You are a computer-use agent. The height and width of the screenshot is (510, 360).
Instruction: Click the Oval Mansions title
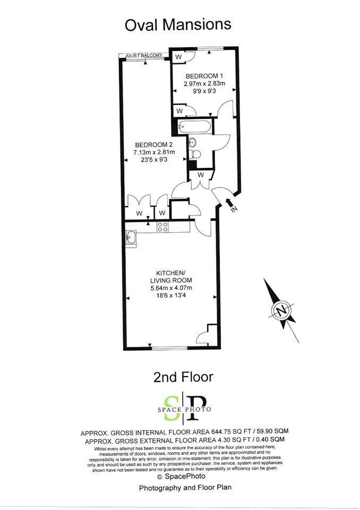178,25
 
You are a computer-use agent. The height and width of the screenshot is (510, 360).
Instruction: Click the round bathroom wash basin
193,142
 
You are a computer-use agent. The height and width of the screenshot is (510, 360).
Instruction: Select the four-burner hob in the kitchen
162,227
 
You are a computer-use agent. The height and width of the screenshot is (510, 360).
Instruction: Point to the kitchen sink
131,237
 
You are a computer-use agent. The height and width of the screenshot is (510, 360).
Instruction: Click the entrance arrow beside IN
229,202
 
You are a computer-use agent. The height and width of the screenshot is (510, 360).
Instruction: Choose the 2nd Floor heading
183,377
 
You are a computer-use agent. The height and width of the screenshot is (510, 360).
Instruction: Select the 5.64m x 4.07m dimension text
171,288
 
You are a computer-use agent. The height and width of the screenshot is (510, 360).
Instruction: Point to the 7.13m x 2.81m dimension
154,152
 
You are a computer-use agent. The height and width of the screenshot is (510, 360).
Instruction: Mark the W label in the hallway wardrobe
201,175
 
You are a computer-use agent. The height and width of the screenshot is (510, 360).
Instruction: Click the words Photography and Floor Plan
185,488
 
